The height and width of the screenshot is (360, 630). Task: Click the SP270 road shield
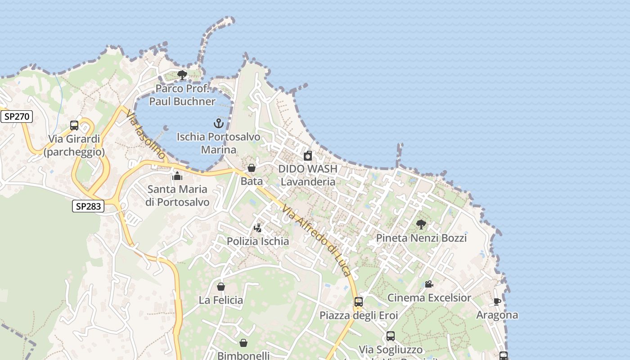17,117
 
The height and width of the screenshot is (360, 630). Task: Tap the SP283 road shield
88,207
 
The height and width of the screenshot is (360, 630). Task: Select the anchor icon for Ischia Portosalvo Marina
219,123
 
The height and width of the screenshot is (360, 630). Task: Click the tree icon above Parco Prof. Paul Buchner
182,75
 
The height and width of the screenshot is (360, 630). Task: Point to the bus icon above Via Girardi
74,126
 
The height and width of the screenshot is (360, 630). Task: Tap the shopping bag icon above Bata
252,168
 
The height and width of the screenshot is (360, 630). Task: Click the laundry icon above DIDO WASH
308,156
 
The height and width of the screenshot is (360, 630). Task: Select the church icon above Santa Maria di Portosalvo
177,175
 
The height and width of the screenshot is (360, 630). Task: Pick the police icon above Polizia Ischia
258,228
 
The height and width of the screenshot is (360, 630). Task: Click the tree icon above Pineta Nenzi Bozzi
421,224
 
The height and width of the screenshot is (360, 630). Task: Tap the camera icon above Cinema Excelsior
429,284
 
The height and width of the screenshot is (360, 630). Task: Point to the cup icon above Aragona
497,301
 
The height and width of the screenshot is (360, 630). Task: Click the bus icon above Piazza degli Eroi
359,301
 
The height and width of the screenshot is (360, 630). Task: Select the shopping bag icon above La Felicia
221,287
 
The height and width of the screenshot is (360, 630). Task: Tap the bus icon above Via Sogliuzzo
391,336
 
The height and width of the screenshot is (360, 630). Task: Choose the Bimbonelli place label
243,355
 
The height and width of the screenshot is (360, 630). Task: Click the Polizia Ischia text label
258,241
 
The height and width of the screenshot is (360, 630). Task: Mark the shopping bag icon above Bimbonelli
243,343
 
